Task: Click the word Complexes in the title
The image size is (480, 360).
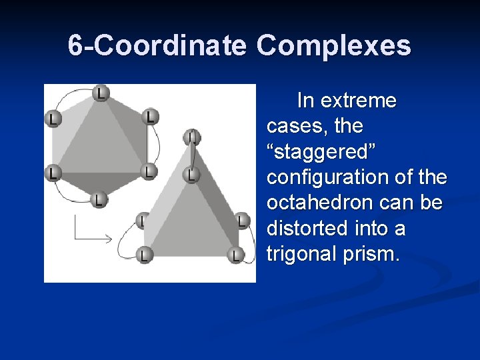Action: tap(333, 46)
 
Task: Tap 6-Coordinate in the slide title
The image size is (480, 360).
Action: tap(158, 46)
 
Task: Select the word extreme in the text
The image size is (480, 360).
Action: tap(358, 101)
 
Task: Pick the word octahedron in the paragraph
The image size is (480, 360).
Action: tap(319, 203)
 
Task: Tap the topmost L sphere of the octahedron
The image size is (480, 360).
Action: tap(100, 92)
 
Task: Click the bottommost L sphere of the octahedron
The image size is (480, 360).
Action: tap(99, 199)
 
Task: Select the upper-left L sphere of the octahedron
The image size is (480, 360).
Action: tap(51, 119)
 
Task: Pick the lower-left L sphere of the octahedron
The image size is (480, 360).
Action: tap(51, 173)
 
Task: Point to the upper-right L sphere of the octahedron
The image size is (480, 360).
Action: tap(151, 116)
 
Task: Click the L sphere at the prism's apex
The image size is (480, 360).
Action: tap(191, 137)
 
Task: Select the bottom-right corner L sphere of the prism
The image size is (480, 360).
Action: tap(235, 254)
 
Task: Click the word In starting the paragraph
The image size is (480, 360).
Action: tap(305, 101)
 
